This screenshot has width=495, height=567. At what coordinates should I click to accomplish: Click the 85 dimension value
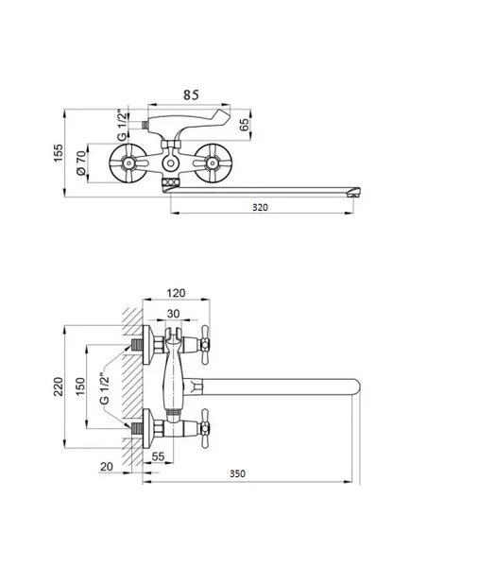point(191,94)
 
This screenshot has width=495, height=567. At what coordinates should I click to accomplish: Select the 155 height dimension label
point(59,153)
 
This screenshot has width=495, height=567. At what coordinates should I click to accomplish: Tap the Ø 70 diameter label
point(82,163)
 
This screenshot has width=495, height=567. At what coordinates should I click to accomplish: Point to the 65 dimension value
point(245,125)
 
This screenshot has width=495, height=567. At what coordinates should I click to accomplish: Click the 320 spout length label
point(260,207)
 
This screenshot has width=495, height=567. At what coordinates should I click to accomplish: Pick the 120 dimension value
point(176,293)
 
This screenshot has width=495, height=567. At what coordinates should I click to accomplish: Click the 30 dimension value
point(173,314)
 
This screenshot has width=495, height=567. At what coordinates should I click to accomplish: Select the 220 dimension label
point(59,387)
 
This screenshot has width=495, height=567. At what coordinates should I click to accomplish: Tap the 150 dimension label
point(80,387)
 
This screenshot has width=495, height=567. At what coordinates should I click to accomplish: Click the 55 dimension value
point(158,456)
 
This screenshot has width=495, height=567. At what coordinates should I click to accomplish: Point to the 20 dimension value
point(107,467)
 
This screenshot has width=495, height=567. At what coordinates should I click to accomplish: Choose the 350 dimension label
point(237,473)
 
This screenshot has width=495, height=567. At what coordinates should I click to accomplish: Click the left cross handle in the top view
point(128,163)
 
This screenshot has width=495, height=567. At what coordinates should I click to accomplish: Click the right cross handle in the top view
point(213,163)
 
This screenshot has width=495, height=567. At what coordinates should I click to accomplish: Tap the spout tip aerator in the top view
point(353,192)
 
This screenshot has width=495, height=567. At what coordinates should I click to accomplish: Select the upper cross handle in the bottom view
point(205,345)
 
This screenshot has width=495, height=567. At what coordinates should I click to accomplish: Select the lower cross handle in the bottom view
point(205,429)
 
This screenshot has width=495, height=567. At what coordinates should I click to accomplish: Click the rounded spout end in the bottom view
point(355,387)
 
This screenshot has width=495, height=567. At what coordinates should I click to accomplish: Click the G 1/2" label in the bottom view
point(104,388)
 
